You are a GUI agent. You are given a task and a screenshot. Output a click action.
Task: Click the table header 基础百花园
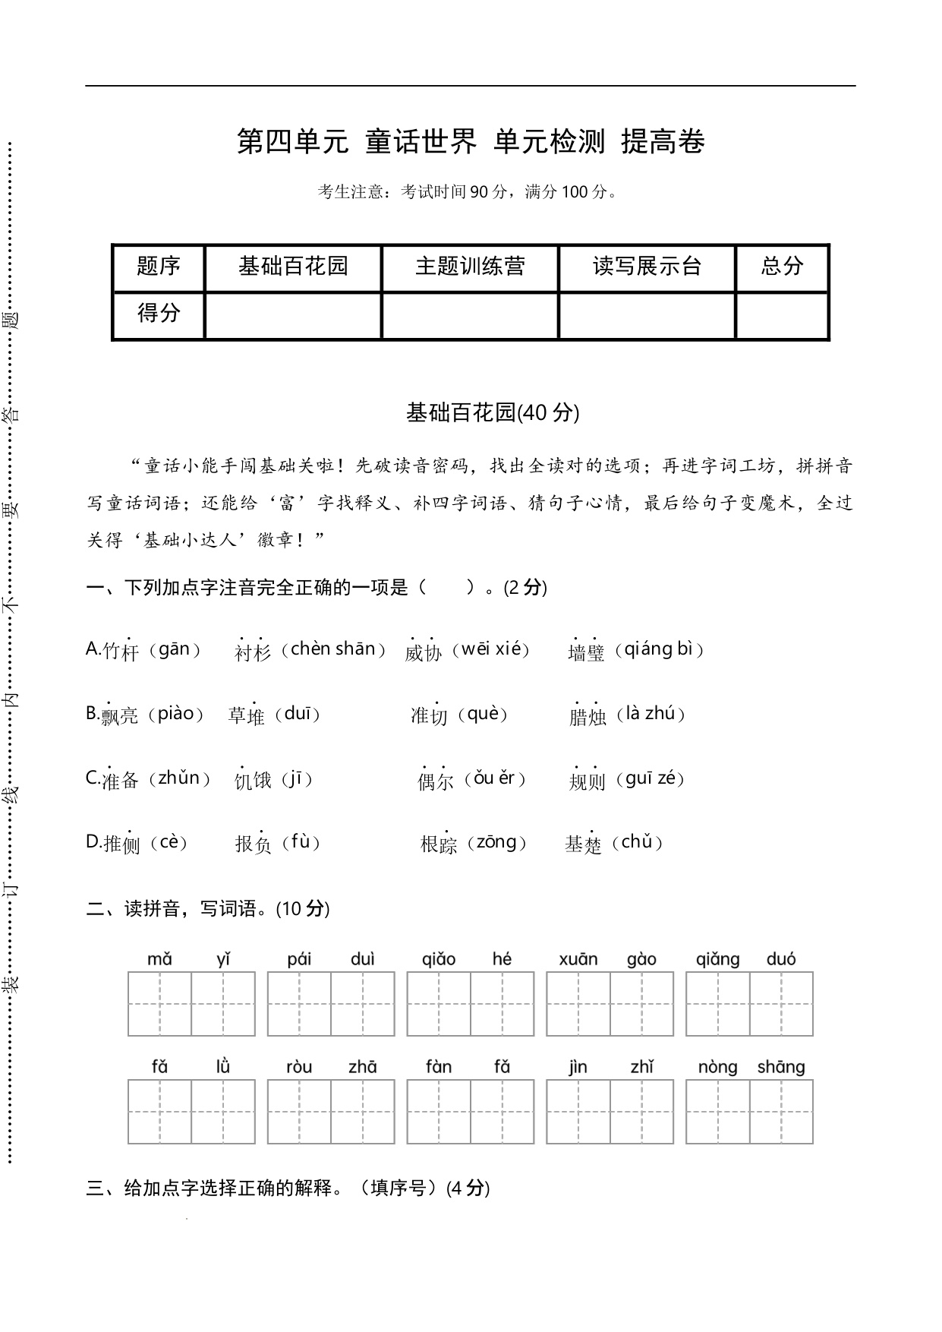coord(292,266)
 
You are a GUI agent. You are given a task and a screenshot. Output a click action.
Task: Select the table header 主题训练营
coord(470,266)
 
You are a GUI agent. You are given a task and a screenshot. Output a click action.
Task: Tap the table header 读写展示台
coord(647,266)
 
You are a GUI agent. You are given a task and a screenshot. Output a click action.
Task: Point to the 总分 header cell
coord(782,266)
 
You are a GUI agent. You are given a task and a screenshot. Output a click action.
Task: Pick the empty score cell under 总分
coord(782,315)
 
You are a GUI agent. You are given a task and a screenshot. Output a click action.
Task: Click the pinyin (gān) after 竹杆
coord(175,650)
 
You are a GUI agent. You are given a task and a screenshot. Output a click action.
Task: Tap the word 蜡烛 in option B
coord(588,717)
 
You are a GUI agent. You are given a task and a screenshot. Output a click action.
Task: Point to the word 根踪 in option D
coord(439,844)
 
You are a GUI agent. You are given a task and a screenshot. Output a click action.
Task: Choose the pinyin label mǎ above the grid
coord(159,959)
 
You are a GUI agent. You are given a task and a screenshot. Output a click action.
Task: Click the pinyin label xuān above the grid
coord(578,959)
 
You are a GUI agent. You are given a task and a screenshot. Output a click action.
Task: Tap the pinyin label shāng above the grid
coord(781,1067)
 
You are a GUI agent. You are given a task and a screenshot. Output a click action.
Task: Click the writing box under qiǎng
coord(717,1003)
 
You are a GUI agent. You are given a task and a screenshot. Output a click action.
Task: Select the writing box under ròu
coord(299,1111)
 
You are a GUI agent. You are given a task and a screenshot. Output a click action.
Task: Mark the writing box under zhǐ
coord(642,1111)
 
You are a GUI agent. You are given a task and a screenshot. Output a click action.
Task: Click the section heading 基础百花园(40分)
coord(493,412)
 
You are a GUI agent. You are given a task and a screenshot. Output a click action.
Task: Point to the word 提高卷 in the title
coord(663,142)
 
